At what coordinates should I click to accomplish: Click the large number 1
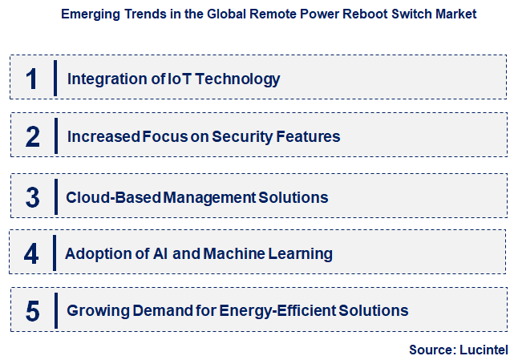pyautogui.click(x=31, y=79)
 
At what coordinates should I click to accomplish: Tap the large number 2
pyautogui.click(x=32, y=136)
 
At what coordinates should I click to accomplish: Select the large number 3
pyautogui.click(x=32, y=196)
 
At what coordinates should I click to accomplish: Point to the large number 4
pyautogui.click(x=31, y=254)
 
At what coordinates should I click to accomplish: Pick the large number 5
pyautogui.click(x=32, y=311)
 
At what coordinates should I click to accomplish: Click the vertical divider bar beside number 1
pyautogui.click(x=55, y=78)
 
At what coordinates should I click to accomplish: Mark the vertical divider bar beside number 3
pyautogui.click(x=55, y=196)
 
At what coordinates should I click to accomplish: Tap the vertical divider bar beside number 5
pyautogui.click(x=55, y=311)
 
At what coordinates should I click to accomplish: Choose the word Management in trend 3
pyautogui.click(x=208, y=196)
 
